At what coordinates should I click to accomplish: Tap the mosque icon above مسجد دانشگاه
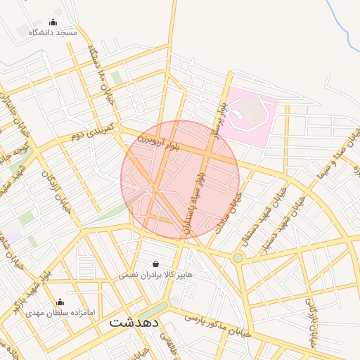tap(53, 22)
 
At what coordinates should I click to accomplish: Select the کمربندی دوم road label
tap(91, 131)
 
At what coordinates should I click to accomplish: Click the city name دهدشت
tap(135, 323)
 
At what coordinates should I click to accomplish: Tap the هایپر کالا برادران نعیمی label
tap(155, 274)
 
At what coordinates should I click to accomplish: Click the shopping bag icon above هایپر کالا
tap(155, 264)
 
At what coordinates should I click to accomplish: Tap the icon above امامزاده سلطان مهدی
tap(69, 302)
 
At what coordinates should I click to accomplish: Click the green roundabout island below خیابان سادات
tap(238, 258)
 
